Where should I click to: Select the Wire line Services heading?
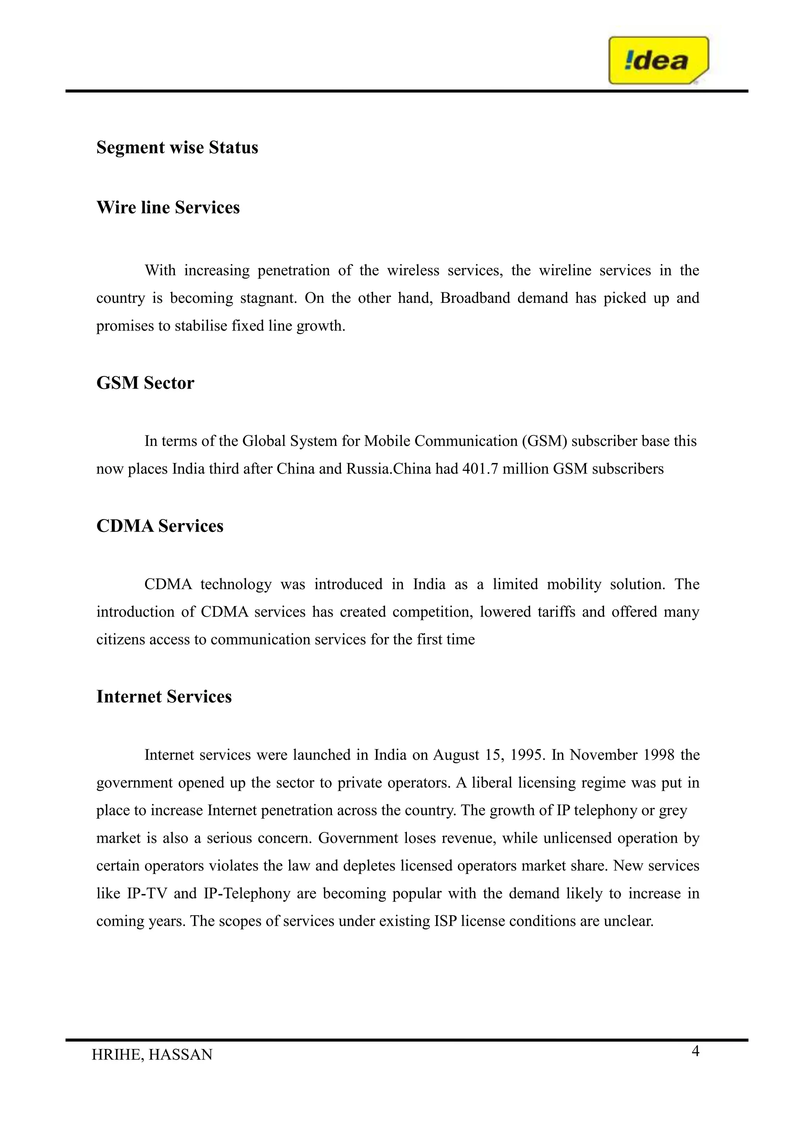click(x=168, y=208)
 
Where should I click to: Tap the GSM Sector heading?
click(x=145, y=383)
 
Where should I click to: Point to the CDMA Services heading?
click(x=160, y=526)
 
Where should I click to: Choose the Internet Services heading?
click(x=164, y=696)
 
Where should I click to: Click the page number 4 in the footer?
click(x=695, y=1051)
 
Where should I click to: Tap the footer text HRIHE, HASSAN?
click(x=152, y=1055)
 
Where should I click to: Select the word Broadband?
click(x=475, y=298)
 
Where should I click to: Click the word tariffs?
click(x=556, y=612)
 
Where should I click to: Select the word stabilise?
click(x=199, y=326)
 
